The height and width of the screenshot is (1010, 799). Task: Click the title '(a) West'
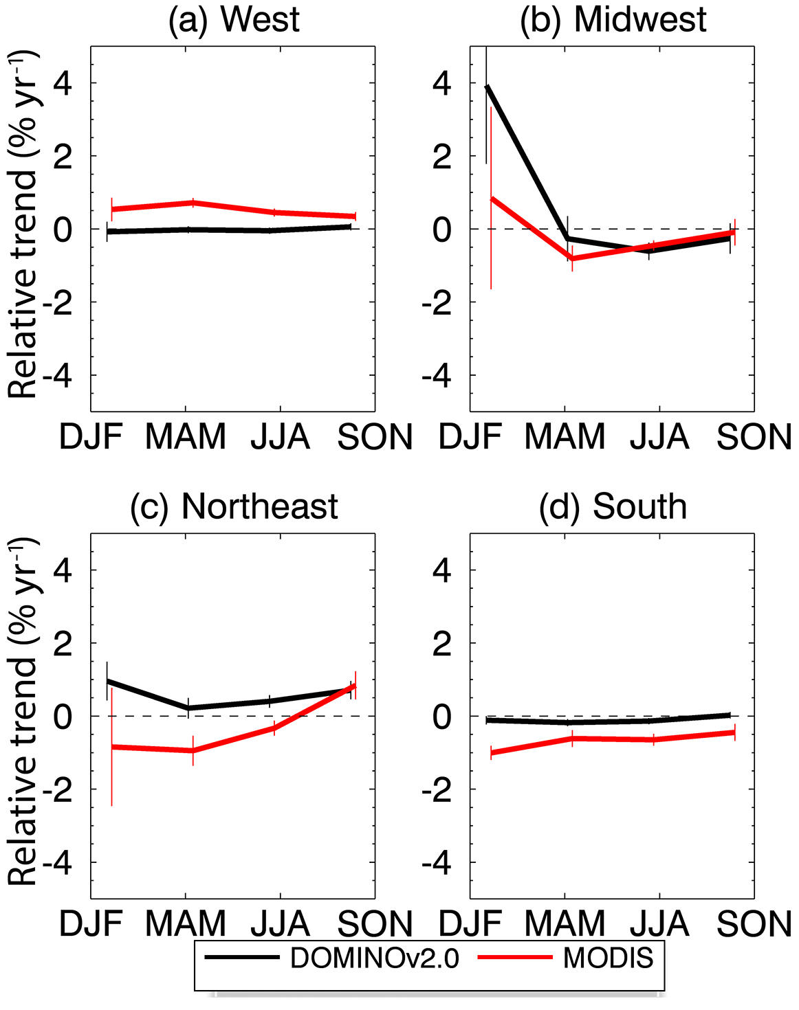(234, 19)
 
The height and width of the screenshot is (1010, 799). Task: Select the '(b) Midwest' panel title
(613, 19)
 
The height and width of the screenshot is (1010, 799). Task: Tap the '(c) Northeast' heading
(234, 506)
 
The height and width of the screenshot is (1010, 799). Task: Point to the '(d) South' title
(613, 506)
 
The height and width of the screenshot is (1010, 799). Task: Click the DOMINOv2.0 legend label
(374, 958)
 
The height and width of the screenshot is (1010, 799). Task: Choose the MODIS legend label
(608, 958)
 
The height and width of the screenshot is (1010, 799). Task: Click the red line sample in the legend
(514, 957)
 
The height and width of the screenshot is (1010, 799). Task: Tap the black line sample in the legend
(241, 957)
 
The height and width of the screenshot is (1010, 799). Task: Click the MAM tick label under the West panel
(186, 437)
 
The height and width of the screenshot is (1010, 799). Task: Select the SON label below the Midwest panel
(754, 437)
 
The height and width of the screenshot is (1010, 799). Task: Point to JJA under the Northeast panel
(280, 924)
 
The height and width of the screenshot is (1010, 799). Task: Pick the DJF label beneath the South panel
(470, 924)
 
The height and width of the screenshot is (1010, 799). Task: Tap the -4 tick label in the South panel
(436, 863)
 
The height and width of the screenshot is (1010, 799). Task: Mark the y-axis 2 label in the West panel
(62, 157)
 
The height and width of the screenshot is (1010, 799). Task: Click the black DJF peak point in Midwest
(487, 87)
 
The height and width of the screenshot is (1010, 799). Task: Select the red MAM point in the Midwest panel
(572, 258)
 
